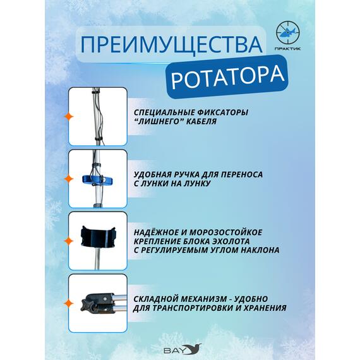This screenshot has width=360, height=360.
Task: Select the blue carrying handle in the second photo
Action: click(x=98, y=178)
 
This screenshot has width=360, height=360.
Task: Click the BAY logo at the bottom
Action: click(x=179, y=349)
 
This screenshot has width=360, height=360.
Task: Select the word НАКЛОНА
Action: click(x=257, y=250)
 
